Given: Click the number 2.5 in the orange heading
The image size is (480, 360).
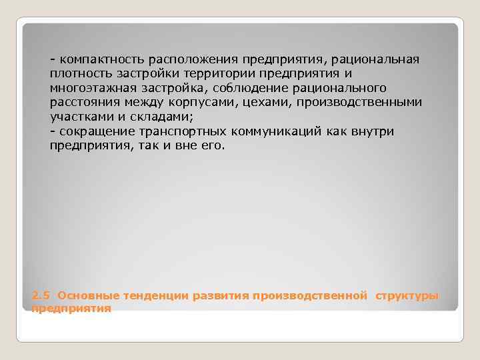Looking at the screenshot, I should coord(41,295).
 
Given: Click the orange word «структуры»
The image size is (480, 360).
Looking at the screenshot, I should coord(407,295).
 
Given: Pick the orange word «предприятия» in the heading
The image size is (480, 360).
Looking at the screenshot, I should coord(71,309).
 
